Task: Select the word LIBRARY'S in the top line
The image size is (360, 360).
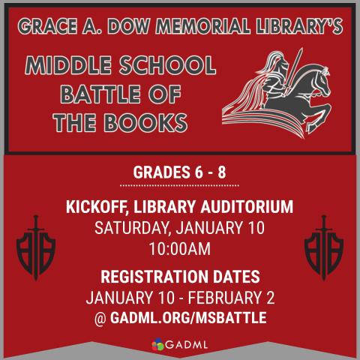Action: click(x=295, y=27)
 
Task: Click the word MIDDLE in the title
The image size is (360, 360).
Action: click(x=76, y=67)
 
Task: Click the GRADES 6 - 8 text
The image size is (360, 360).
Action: click(x=179, y=172)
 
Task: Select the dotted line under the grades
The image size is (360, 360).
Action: click(x=179, y=184)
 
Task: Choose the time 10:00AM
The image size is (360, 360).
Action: click(x=179, y=247)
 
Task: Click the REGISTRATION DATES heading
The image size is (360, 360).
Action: click(x=179, y=274)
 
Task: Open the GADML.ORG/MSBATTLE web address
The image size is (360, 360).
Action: click(x=187, y=317)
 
